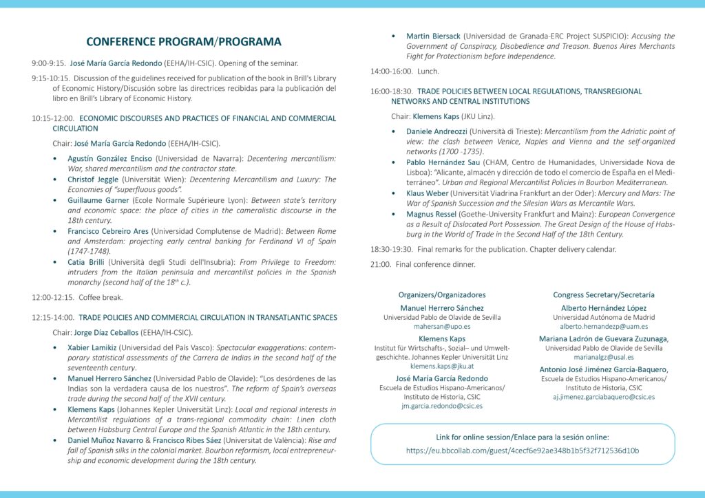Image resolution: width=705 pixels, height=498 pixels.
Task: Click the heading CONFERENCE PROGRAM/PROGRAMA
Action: coord(184,42)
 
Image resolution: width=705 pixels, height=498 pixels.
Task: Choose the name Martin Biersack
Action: coord(434,36)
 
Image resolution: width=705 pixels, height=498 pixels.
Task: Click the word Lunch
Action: coord(428,72)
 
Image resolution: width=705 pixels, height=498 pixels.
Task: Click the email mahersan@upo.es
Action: coord(442,327)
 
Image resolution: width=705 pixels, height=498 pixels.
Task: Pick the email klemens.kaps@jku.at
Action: coord(442,367)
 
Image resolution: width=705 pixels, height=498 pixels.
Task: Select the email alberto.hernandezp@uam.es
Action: coord(603,327)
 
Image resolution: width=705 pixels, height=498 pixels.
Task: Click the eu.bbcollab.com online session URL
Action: coord(523,451)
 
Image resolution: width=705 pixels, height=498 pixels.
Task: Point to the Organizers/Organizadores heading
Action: coord(442,295)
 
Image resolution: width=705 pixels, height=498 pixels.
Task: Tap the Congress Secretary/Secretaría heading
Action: coord(603,295)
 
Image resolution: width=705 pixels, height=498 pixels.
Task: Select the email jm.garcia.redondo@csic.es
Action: coord(442,406)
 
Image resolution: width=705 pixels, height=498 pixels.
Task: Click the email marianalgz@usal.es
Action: coord(603,357)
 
